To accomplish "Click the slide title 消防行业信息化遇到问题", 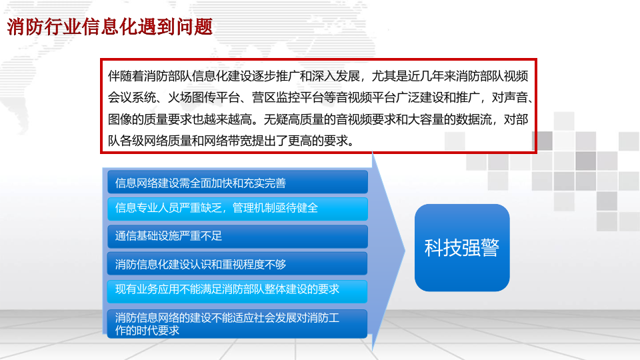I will (x=110, y=27).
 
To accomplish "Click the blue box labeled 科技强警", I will (x=462, y=247).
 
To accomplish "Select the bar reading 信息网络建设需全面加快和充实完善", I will (x=237, y=183).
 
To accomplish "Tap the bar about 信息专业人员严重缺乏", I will (x=237, y=209).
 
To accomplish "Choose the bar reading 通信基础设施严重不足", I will (x=237, y=236).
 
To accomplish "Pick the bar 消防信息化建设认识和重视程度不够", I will (x=237, y=264).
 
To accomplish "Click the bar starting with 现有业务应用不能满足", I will (x=237, y=290).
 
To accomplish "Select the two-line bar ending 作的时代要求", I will (x=237, y=323).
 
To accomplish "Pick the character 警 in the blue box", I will (x=489, y=247).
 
